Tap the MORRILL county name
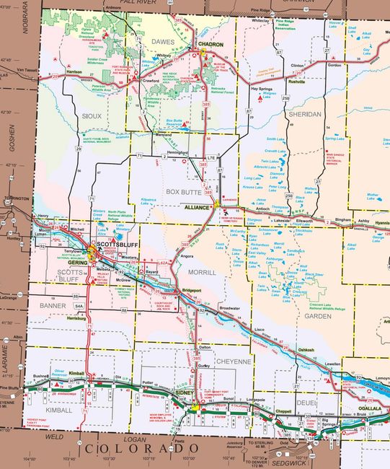(202, 273)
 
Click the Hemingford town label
(177, 153)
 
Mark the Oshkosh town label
(306, 350)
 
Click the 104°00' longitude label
(30, 458)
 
